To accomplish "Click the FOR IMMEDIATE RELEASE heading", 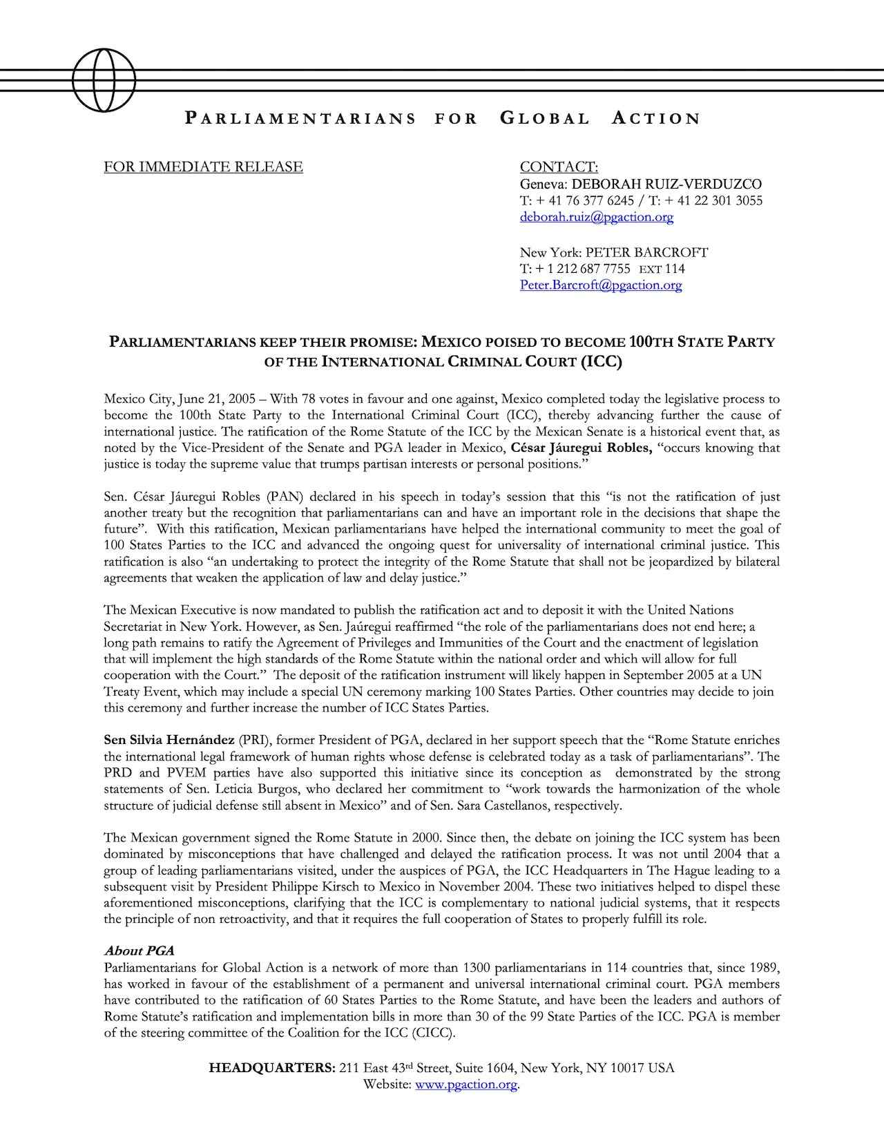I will [x=203, y=167].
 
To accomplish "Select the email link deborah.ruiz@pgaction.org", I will [x=596, y=217].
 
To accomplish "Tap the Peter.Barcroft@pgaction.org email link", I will [x=600, y=285].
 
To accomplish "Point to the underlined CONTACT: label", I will [x=559, y=167].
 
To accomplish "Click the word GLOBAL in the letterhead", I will [x=544, y=119].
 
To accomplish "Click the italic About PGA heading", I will [x=139, y=951].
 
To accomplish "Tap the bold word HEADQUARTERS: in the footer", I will [x=272, y=1068].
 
